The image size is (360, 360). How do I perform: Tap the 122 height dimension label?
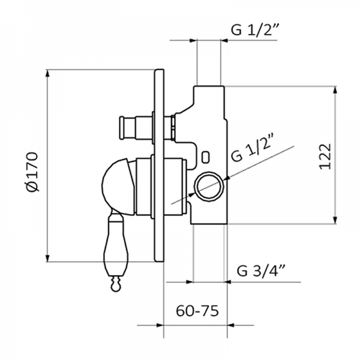pos(325,157)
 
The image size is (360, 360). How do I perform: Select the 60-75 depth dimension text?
pos(197,311)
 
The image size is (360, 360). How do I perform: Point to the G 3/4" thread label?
pos(261,271)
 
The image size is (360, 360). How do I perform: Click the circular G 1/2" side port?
pos(209,186)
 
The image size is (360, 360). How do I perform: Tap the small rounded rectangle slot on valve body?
pos(205,157)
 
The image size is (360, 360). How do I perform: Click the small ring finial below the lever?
pos(116,284)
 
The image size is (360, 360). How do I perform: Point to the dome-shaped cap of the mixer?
pos(118,187)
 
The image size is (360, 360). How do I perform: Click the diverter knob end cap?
pos(124,128)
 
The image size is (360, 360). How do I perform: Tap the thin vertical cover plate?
pos(159,166)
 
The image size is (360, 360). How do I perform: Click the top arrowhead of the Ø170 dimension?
pos(47,74)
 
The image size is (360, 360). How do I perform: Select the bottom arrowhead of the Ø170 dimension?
pos(47,257)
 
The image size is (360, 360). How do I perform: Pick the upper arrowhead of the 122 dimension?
pos(335,91)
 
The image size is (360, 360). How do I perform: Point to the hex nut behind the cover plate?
pos(173,128)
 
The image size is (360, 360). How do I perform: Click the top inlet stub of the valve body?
pos(209,97)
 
